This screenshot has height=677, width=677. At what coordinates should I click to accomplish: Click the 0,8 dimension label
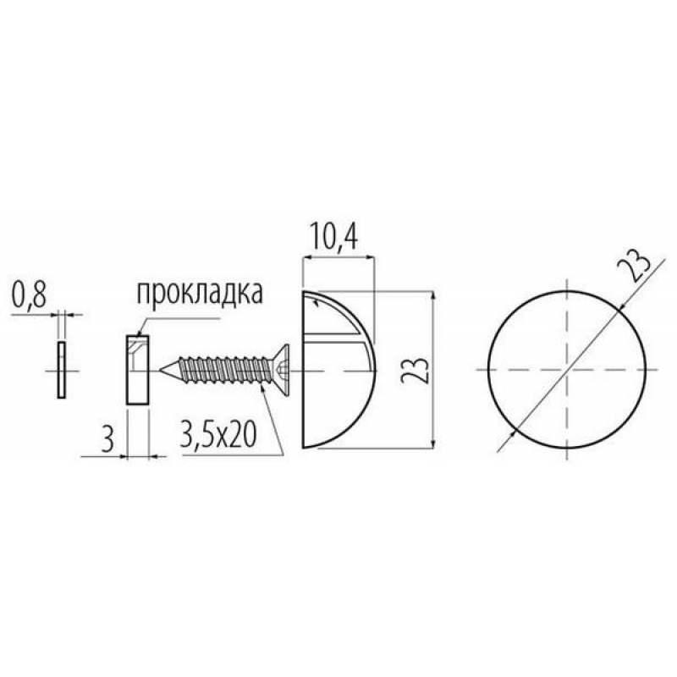click(x=29, y=295)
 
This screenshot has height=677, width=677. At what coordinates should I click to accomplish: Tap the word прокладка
click(x=200, y=293)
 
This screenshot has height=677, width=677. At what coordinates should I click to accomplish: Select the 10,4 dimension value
click(x=333, y=238)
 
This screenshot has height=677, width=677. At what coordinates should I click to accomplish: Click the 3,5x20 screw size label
click(x=219, y=434)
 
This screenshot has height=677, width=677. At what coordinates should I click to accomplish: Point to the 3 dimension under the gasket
click(x=107, y=439)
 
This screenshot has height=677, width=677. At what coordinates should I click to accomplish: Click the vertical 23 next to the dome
click(x=415, y=371)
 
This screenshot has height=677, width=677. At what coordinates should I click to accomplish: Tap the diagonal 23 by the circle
click(x=633, y=266)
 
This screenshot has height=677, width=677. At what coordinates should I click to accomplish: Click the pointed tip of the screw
click(x=161, y=370)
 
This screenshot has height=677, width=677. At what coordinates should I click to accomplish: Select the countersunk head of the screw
click(x=281, y=370)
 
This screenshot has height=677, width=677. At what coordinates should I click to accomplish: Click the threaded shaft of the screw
click(x=225, y=370)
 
